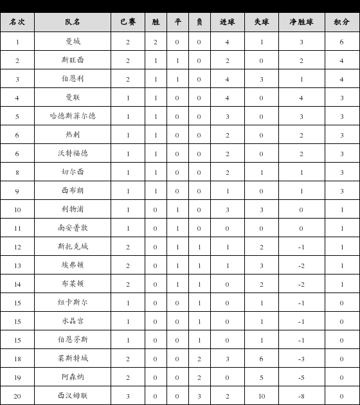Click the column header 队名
click(73, 22)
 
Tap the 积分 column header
click(341, 22)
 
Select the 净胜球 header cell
click(301, 22)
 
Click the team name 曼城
click(73, 42)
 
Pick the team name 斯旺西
click(73, 60)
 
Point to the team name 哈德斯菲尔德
click(73, 116)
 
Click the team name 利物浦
click(73, 210)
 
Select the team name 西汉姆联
click(73, 396)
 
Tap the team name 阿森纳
click(73, 377)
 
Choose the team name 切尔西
click(73, 172)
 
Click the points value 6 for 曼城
click(341, 42)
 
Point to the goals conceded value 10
click(261, 396)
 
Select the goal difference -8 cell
click(301, 396)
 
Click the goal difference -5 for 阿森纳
click(301, 377)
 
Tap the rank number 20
click(17, 396)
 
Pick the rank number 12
click(17, 247)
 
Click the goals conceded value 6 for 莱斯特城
click(261, 359)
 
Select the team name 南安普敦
click(73, 228)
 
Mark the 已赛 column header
click(128, 22)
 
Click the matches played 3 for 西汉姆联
click(128, 396)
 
